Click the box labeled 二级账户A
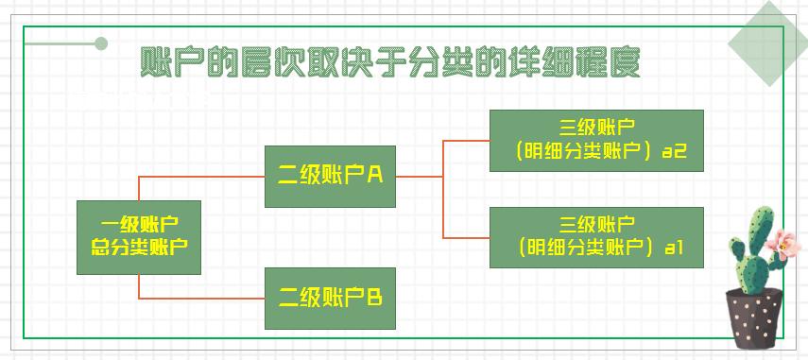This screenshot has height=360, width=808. pyautogui.click(x=330, y=177)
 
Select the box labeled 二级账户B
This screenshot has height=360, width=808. pyautogui.click(x=330, y=298)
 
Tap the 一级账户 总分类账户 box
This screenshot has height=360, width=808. pyautogui.click(x=139, y=237)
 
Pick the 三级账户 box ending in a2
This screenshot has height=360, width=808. pyautogui.click(x=596, y=140)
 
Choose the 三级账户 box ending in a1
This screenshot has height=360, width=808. pyautogui.click(x=596, y=237)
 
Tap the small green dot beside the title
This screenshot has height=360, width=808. pyautogui.click(x=101, y=43)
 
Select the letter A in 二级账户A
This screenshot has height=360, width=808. pyautogui.click(x=374, y=175)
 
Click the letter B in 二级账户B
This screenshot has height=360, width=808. pyautogui.click(x=374, y=299)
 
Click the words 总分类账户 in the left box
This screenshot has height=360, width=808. pyautogui.click(x=139, y=248)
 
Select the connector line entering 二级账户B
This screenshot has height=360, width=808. pyautogui.click(x=203, y=299)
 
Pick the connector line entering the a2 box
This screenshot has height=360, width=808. pyautogui.click(x=467, y=140)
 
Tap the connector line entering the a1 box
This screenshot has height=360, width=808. pyautogui.click(x=467, y=237)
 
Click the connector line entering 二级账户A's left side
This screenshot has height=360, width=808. pyautogui.click(x=203, y=176)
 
